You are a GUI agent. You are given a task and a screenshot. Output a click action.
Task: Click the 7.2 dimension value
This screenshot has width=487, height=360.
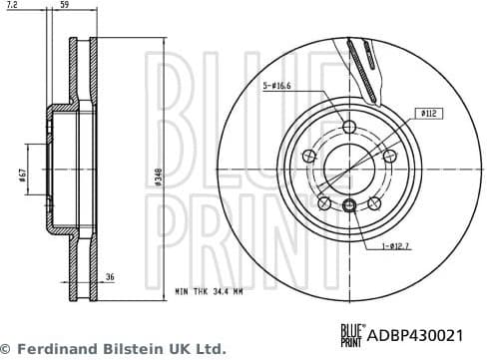point(11,6)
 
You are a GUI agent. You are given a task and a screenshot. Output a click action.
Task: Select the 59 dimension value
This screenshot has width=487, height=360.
point(65,6)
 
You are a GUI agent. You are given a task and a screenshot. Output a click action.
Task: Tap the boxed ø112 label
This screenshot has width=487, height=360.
point(430,115)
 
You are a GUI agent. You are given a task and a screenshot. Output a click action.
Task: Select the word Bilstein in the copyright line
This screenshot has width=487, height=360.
point(127,349)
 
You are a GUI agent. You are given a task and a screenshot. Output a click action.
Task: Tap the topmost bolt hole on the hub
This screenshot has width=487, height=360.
point(348,127)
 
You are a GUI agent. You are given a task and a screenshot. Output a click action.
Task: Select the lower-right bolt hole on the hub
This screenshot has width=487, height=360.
point(374,202)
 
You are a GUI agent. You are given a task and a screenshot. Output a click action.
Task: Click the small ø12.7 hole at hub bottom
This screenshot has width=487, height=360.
point(348,205)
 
